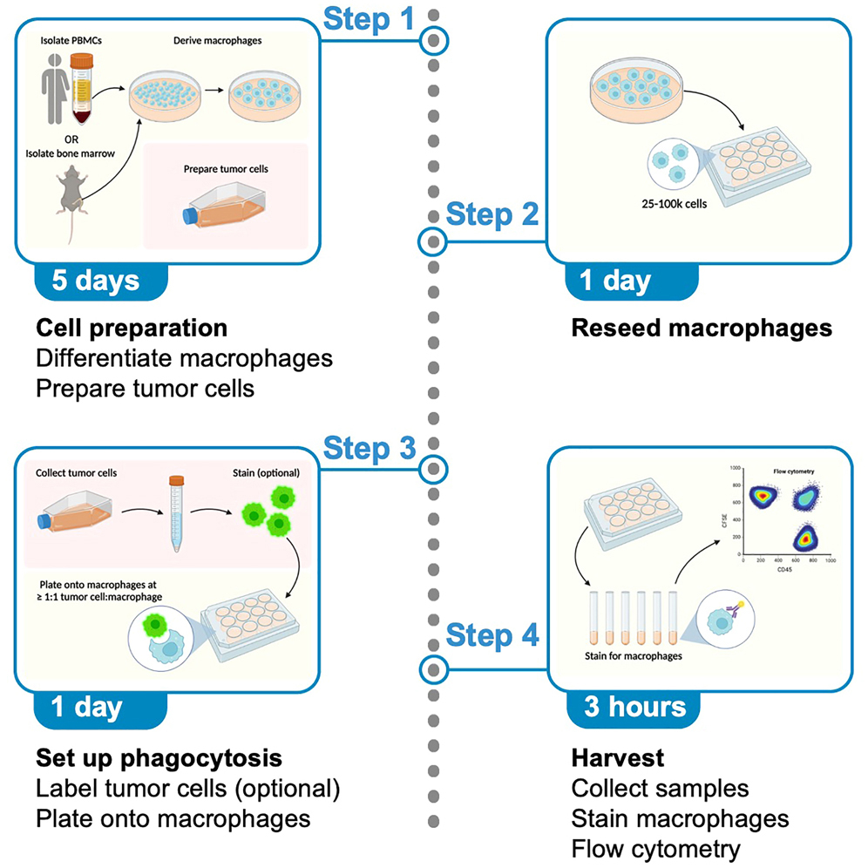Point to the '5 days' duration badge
[95, 281]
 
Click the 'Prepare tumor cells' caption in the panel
[225, 169]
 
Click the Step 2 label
[492, 215]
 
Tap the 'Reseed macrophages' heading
[702, 329]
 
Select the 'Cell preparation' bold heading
[132, 329]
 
